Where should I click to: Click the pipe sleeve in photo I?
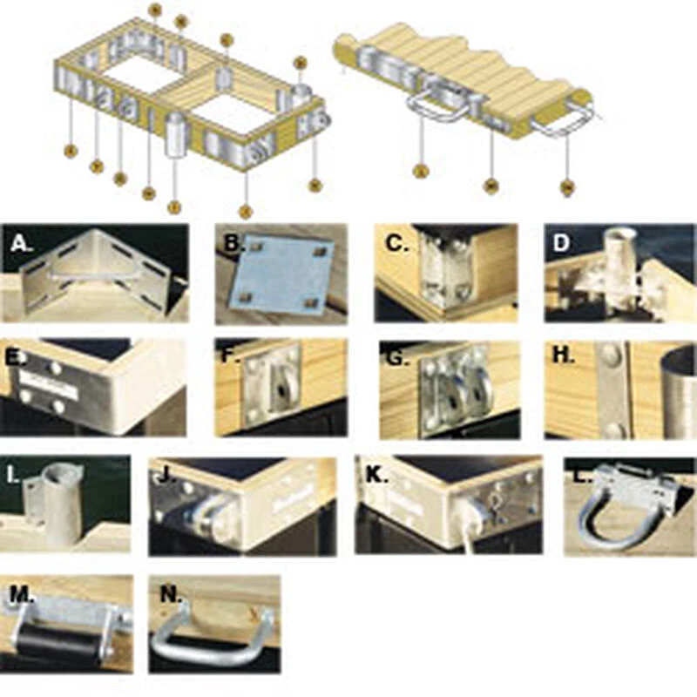(64, 505)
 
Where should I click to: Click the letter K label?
(376, 475)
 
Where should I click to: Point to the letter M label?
(20, 594)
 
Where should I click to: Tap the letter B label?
(232, 243)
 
